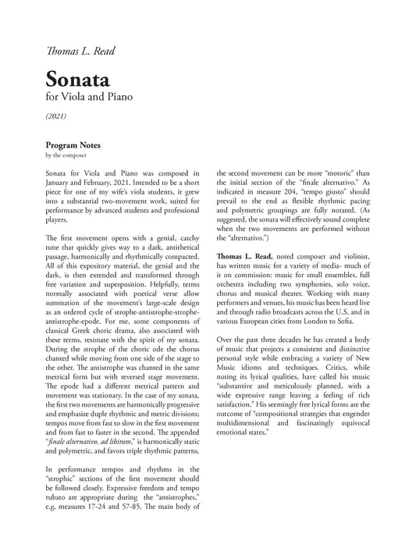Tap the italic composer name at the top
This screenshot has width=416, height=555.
[x=80, y=52]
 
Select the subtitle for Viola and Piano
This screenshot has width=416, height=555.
[x=94, y=99]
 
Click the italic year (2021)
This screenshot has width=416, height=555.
[x=56, y=116]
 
